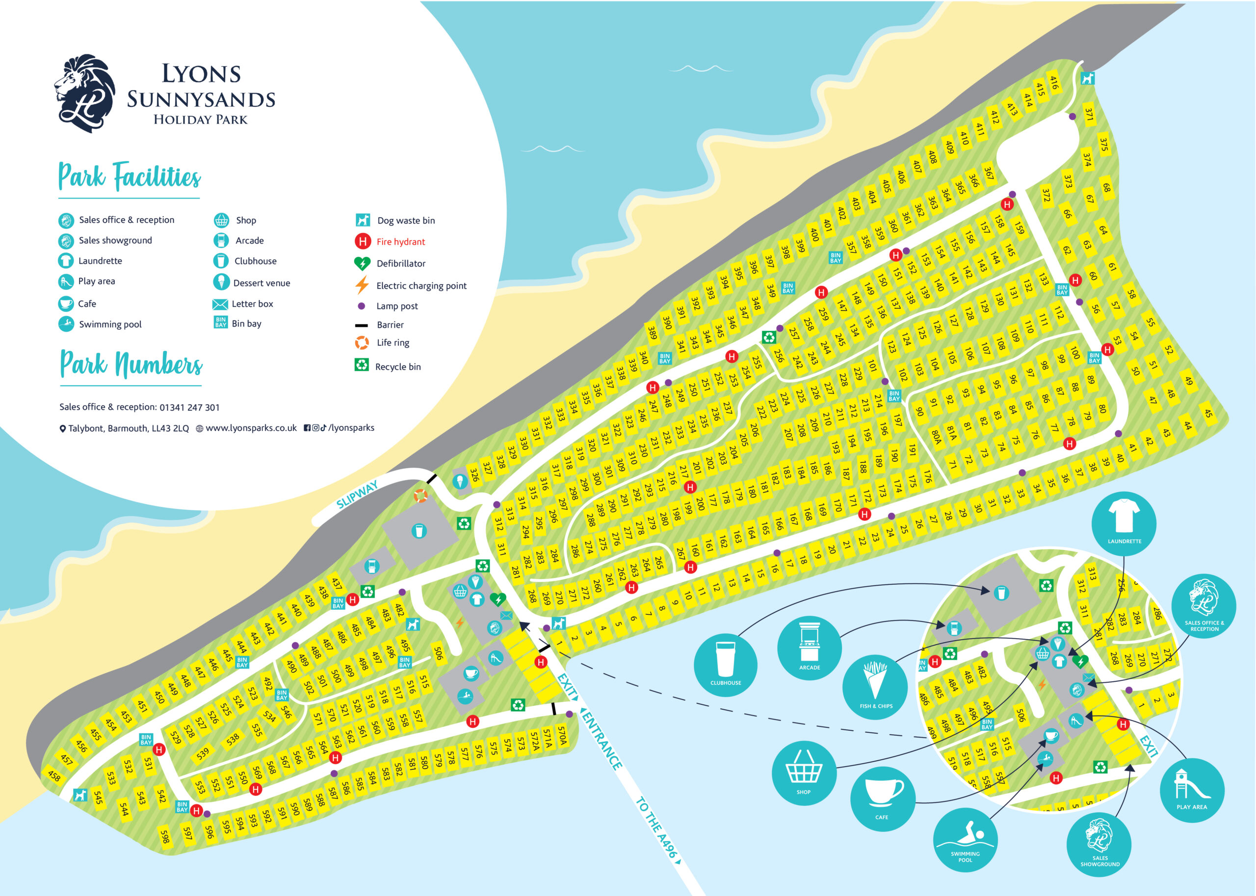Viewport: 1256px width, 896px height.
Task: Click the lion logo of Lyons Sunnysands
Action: pyautogui.click(x=85, y=93)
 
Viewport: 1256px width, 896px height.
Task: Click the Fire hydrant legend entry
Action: pyautogui.click(x=390, y=242)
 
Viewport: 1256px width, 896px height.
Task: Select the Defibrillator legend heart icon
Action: pyautogui.click(x=362, y=263)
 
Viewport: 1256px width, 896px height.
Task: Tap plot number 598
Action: pyautogui.click(x=164, y=836)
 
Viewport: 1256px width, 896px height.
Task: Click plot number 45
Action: pyautogui.click(x=1207, y=413)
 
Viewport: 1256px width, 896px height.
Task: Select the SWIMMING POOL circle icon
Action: pyautogui.click(x=965, y=840)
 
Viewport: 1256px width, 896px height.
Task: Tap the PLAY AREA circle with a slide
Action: pyautogui.click(x=1191, y=790)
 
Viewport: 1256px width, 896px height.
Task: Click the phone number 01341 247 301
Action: pyautogui.click(x=189, y=408)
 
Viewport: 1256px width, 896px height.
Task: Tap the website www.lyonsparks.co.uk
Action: pyautogui.click(x=251, y=428)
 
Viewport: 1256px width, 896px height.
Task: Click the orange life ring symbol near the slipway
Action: pyautogui.click(x=420, y=496)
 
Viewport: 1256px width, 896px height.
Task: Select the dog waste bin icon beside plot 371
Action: pyautogui.click(x=1087, y=78)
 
